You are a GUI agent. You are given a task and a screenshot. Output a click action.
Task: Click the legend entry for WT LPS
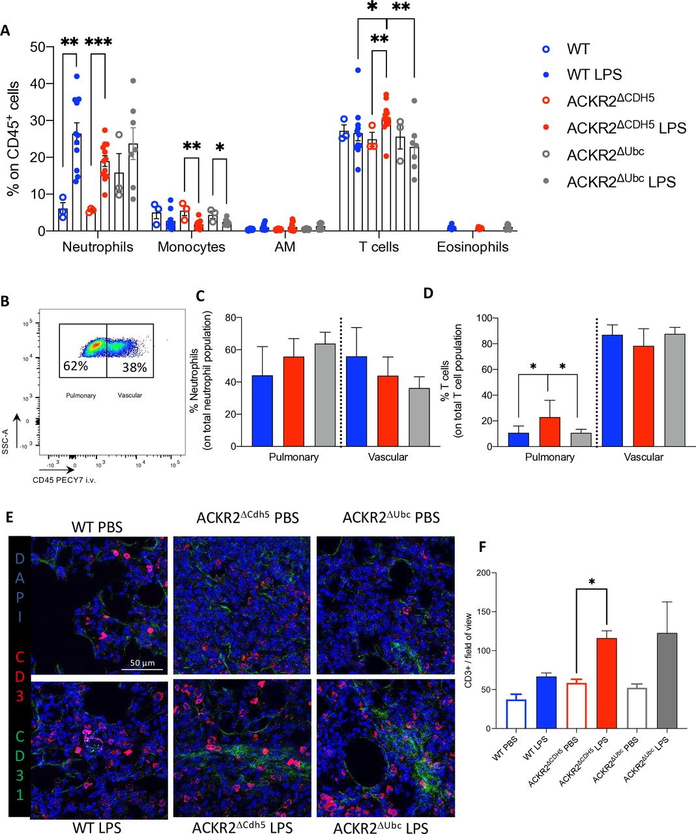tap(594, 75)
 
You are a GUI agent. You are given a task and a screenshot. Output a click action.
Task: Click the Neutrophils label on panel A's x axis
tap(98, 248)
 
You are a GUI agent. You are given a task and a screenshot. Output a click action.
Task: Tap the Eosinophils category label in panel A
tap(472, 248)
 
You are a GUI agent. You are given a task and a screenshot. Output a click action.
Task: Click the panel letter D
tap(428, 293)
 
